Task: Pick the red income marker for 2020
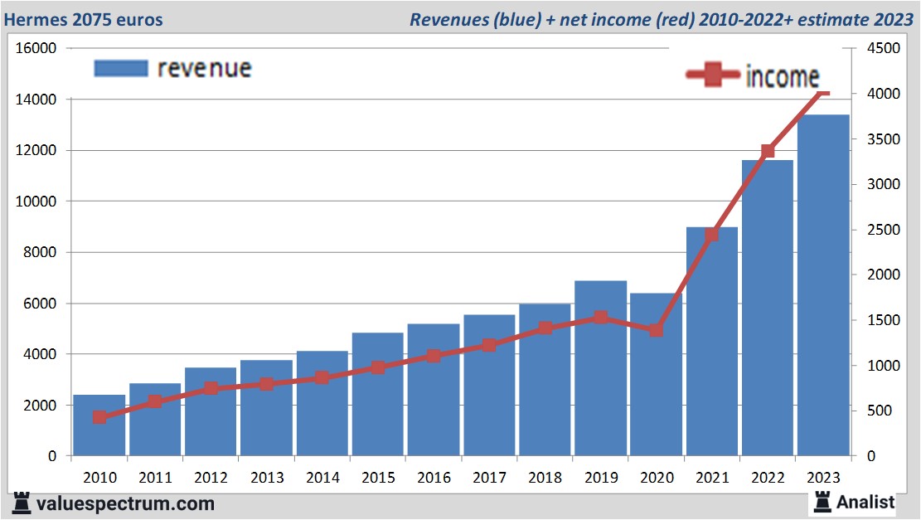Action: pos(656,330)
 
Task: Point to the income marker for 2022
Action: pos(768,151)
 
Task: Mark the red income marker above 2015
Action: pos(378,367)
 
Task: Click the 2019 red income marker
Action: pos(600,317)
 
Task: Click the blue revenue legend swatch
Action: pos(120,68)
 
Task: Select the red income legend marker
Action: pos(712,75)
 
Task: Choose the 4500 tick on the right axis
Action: pos(882,49)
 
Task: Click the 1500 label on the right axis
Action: pos(882,320)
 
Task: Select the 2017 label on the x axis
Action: pos(489,478)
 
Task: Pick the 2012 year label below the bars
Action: pos(211,478)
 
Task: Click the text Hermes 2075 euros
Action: pos(84,19)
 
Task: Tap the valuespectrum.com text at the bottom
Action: pos(125,503)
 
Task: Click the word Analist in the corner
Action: pos(865,502)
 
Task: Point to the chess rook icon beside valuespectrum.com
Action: pos(22,503)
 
